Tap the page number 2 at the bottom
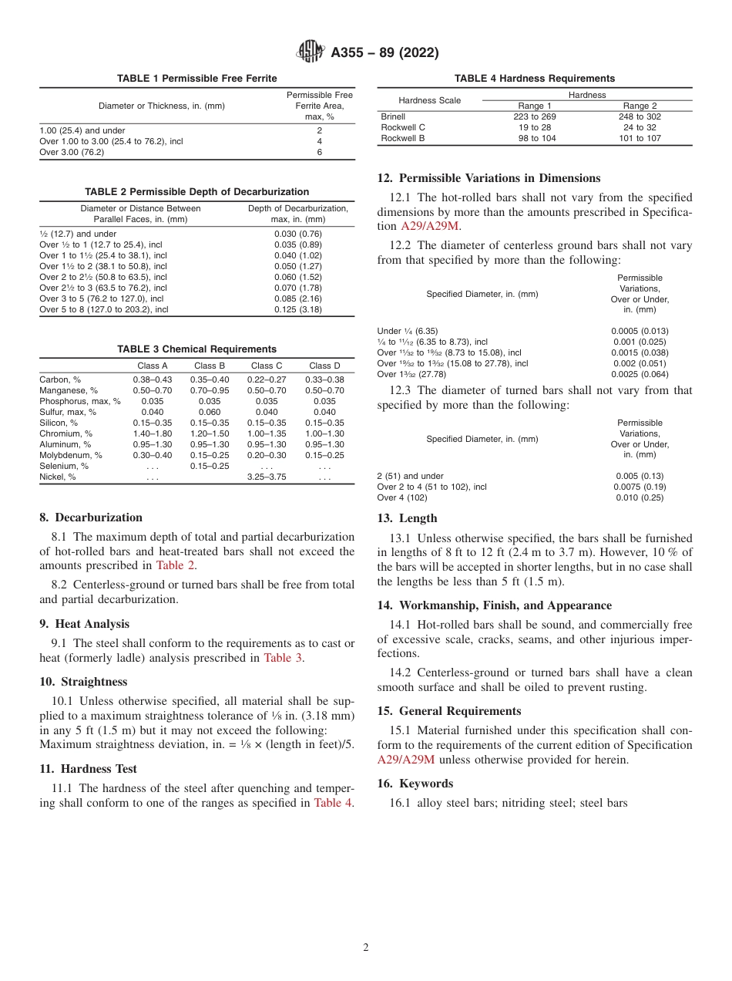[x=366, y=948]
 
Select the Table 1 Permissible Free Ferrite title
[x=197, y=79]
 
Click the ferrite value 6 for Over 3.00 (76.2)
[x=319, y=153]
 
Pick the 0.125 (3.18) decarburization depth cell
[x=297, y=309]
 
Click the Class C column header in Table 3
[x=267, y=366]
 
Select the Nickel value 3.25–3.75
[x=267, y=477]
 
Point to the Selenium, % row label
[x=64, y=466]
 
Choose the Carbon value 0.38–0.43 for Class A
[x=153, y=379]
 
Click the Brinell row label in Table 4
[x=393, y=116]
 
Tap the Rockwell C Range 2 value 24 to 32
[x=640, y=127]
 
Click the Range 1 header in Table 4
[x=534, y=106]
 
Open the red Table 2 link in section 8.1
[x=175, y=565]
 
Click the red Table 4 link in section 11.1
[x=332, y=803]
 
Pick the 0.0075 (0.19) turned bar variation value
[x=640, y=487]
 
